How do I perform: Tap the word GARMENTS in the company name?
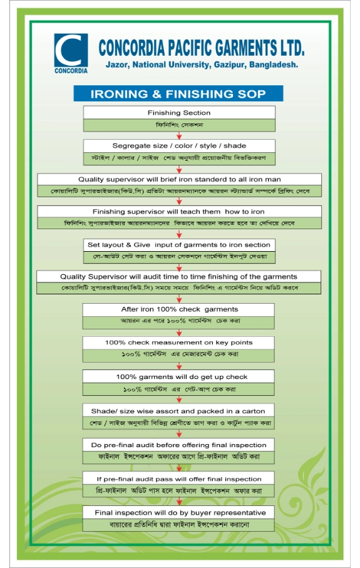point(246,48)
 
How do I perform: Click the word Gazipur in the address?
point(230,65)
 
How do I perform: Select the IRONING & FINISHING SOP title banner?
point(178,94)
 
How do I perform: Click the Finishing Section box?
point(179,118)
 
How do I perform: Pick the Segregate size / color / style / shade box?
point(179,152)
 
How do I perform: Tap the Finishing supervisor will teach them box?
point(179,217)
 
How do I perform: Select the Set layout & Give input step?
point(179,250)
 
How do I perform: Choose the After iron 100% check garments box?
point(178,316)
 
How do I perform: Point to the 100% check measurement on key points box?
point(178,349)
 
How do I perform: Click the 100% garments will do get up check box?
point(178,383)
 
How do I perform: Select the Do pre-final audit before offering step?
point(178,451)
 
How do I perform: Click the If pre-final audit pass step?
point(178,484)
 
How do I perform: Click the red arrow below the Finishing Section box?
point(179,135)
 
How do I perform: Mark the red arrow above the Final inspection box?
point(179,502)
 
